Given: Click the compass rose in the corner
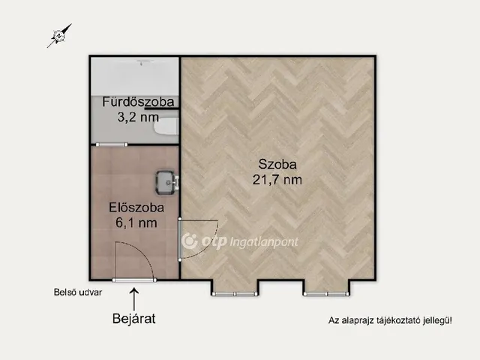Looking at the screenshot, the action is point(59,36).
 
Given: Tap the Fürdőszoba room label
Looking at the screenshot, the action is point(138,102).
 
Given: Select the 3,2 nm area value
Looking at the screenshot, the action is point(138,117).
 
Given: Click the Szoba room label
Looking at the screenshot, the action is point(277,164).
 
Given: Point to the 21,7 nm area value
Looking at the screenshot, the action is point(277,179).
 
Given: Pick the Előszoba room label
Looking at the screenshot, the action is point(136,208).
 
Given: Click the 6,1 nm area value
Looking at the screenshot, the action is point(136,223).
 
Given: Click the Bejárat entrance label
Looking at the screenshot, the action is point(133,318).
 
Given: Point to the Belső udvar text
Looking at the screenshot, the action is point(78,292).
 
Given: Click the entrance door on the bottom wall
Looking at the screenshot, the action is point(134,280).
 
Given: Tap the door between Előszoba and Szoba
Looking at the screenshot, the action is point(180,239).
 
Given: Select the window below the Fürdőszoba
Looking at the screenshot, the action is point(112,145).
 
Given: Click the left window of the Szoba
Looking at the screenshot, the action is point(235,294).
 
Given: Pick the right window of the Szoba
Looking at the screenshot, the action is point(326,294).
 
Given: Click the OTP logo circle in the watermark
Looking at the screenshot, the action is point(190,241).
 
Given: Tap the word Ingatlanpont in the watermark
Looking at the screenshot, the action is point(263,242).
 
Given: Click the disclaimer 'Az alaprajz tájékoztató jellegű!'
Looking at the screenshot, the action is point(390,320).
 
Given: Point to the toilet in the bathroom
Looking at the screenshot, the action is point(166,126).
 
